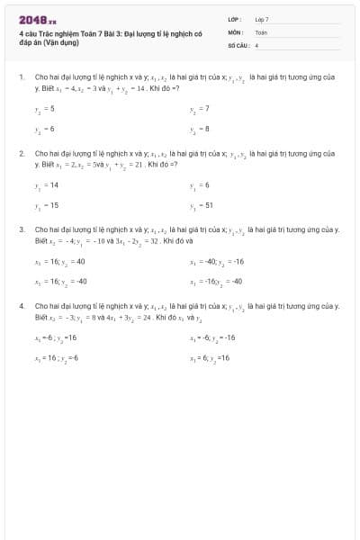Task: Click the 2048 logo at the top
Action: point(37,20)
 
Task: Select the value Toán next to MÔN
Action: point(261,31)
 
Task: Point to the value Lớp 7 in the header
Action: point(262,19)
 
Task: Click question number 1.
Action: point(22,78)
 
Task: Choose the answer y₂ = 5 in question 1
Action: point(44,108)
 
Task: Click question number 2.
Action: point(22,154)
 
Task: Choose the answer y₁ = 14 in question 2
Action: point(46,184)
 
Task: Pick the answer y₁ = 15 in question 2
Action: point(46,205)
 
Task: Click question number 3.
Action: point(22,230)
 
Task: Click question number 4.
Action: point(22,307)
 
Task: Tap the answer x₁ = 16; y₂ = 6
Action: point(56,358)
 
